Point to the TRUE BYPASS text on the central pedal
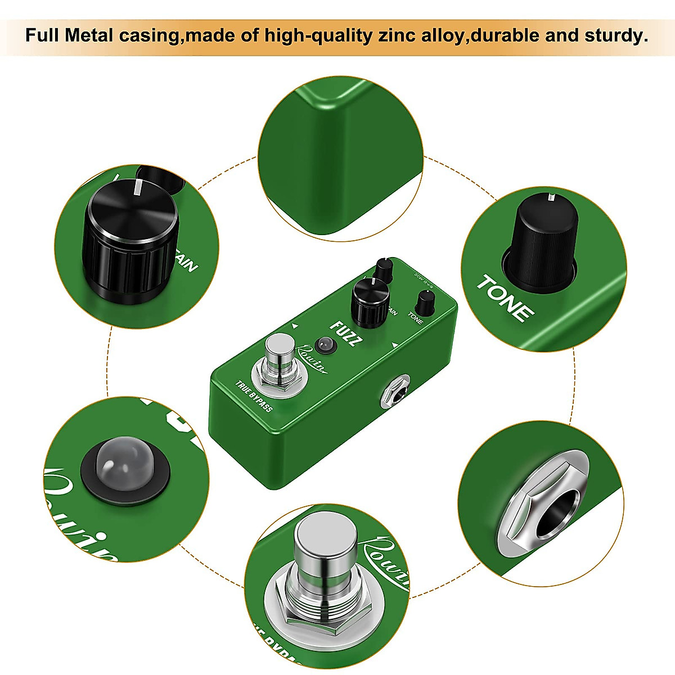click(254, 397)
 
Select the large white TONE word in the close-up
click(505, 298)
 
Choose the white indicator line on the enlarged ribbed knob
click(137, 187)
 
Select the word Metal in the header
click(90, 35)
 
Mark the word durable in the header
click(505, 35)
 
